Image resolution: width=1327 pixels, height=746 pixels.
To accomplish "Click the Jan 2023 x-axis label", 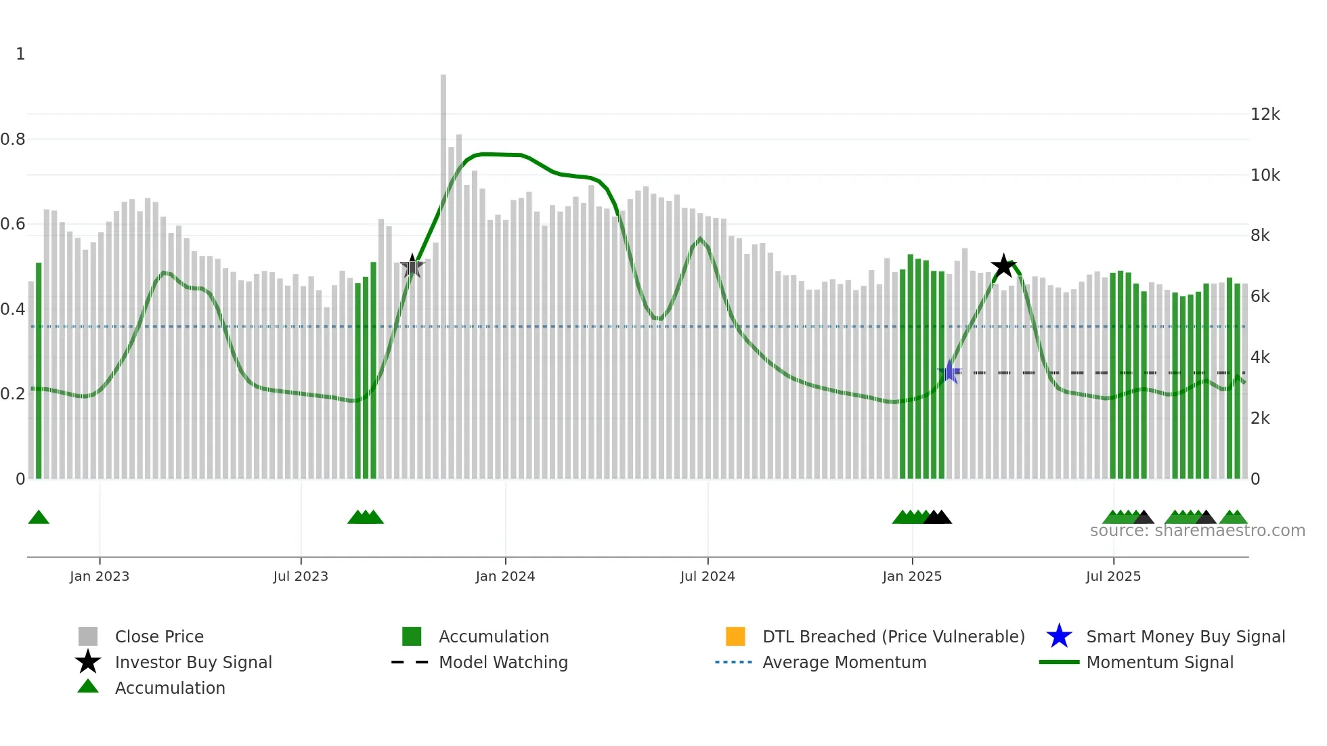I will [x=100, y=577].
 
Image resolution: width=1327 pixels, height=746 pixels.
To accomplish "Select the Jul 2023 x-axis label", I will [x=301, y=577].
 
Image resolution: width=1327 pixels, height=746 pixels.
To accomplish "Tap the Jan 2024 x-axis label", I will [x=505, y=577].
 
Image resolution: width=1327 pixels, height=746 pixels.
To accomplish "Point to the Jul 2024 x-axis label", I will [x=708, y=577].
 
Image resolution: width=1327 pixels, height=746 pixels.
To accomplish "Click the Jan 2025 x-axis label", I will [x=912, y=577].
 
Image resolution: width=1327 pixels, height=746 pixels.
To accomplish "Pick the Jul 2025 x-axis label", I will [x=1113, y=577].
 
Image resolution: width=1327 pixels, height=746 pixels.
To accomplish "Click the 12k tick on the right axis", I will [x=1265, y=114].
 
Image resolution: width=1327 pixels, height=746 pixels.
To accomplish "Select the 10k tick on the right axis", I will [x=1265, y=175].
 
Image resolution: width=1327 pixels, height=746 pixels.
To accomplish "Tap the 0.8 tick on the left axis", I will [x=13, y=139].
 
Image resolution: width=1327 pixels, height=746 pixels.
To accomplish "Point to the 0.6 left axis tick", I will [x=13, y=224].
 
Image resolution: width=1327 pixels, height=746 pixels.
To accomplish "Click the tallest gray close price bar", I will [x=443, y=271].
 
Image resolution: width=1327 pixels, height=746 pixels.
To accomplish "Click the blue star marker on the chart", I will [x=950, y=372].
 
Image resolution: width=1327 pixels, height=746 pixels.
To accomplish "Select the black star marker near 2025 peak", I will [x=1003, y=266].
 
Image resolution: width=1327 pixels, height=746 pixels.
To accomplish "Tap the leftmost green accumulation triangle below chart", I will [x=39, y=518].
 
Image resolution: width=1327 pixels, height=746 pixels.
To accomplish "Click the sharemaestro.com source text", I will [x=1197, y=531].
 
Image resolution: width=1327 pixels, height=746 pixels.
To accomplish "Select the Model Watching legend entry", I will [x=502, y=662].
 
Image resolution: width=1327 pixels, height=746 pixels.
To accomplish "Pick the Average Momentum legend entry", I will [x=844, y=662].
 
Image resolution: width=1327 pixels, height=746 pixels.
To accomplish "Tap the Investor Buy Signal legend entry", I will [x=193, y=662].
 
